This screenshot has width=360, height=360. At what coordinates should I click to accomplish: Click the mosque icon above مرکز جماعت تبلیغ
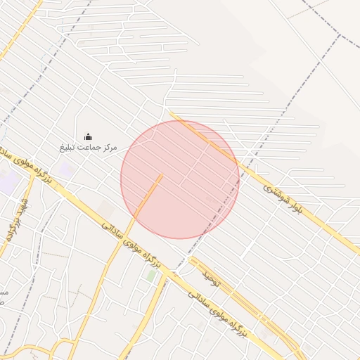[88, 136]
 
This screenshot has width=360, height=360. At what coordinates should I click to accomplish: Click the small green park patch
[151, 276]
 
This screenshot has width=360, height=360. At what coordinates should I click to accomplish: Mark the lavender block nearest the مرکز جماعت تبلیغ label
[65, 169]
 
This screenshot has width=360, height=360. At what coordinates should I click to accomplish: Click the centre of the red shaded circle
[180, 179]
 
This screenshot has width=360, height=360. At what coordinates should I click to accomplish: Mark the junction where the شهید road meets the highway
[34, 174]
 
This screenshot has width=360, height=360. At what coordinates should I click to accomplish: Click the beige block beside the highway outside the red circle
[105, 209]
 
